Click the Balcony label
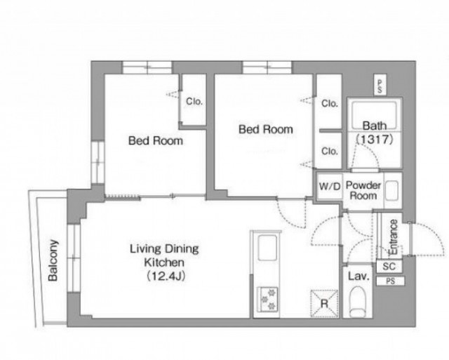click(53, 260)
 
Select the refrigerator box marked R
click(324, 304)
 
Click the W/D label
click(330, 187)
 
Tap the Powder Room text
click(363, 190)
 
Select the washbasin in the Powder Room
click(391, 191)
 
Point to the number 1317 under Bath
click(374, 140)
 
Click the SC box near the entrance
click(389, 267)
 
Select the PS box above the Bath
click(380, 86)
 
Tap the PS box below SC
click(390, 281)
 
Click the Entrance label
click(393, 237)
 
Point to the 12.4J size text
click(166, 276)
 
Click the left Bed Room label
click(156, 140)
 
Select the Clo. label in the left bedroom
click(194, 101)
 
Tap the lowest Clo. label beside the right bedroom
click(329, 151)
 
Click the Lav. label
click(358, 276)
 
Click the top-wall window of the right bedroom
click(267, 68)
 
